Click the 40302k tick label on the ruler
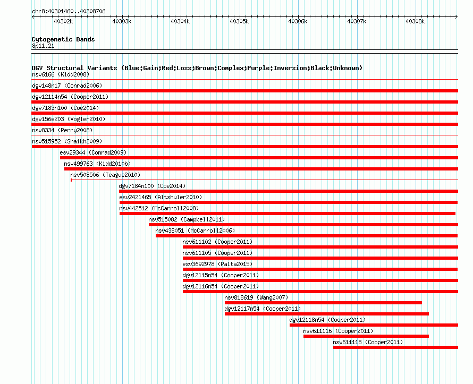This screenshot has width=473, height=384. click(x=63, y=21)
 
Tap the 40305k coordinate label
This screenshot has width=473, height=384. click(x=239, y=21)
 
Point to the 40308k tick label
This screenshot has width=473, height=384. click(x=415, y=21)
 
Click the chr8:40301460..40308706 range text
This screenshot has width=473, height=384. click(x=69, y=12)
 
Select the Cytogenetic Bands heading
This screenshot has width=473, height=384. click(x=63, y=39)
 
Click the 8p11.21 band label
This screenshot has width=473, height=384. click(x=43, y=46)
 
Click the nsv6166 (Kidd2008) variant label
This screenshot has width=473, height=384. click(x=61, y=74)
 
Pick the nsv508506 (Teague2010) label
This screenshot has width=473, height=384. click(x=105, y=175)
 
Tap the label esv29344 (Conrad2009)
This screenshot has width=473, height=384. click(x=93, y=152)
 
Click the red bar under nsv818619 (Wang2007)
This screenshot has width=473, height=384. click(x=323, y=303)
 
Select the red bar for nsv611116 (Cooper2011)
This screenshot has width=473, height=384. click(x=366, y=336)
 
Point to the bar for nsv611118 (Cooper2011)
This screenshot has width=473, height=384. click(x=395, y=347)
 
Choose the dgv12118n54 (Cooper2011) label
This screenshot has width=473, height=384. click(x=327, y=320)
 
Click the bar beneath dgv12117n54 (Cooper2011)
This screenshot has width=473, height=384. click(x=327, y=314)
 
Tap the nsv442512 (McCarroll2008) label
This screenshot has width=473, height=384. click(x=159, y=208)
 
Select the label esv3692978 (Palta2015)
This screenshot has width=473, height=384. click(x=217, y=264)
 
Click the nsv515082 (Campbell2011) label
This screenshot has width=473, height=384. click(x=187, y=219)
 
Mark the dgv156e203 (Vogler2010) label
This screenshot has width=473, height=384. click(x=69, y=119)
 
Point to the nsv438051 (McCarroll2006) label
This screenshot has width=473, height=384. click(x=195, y=231)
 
